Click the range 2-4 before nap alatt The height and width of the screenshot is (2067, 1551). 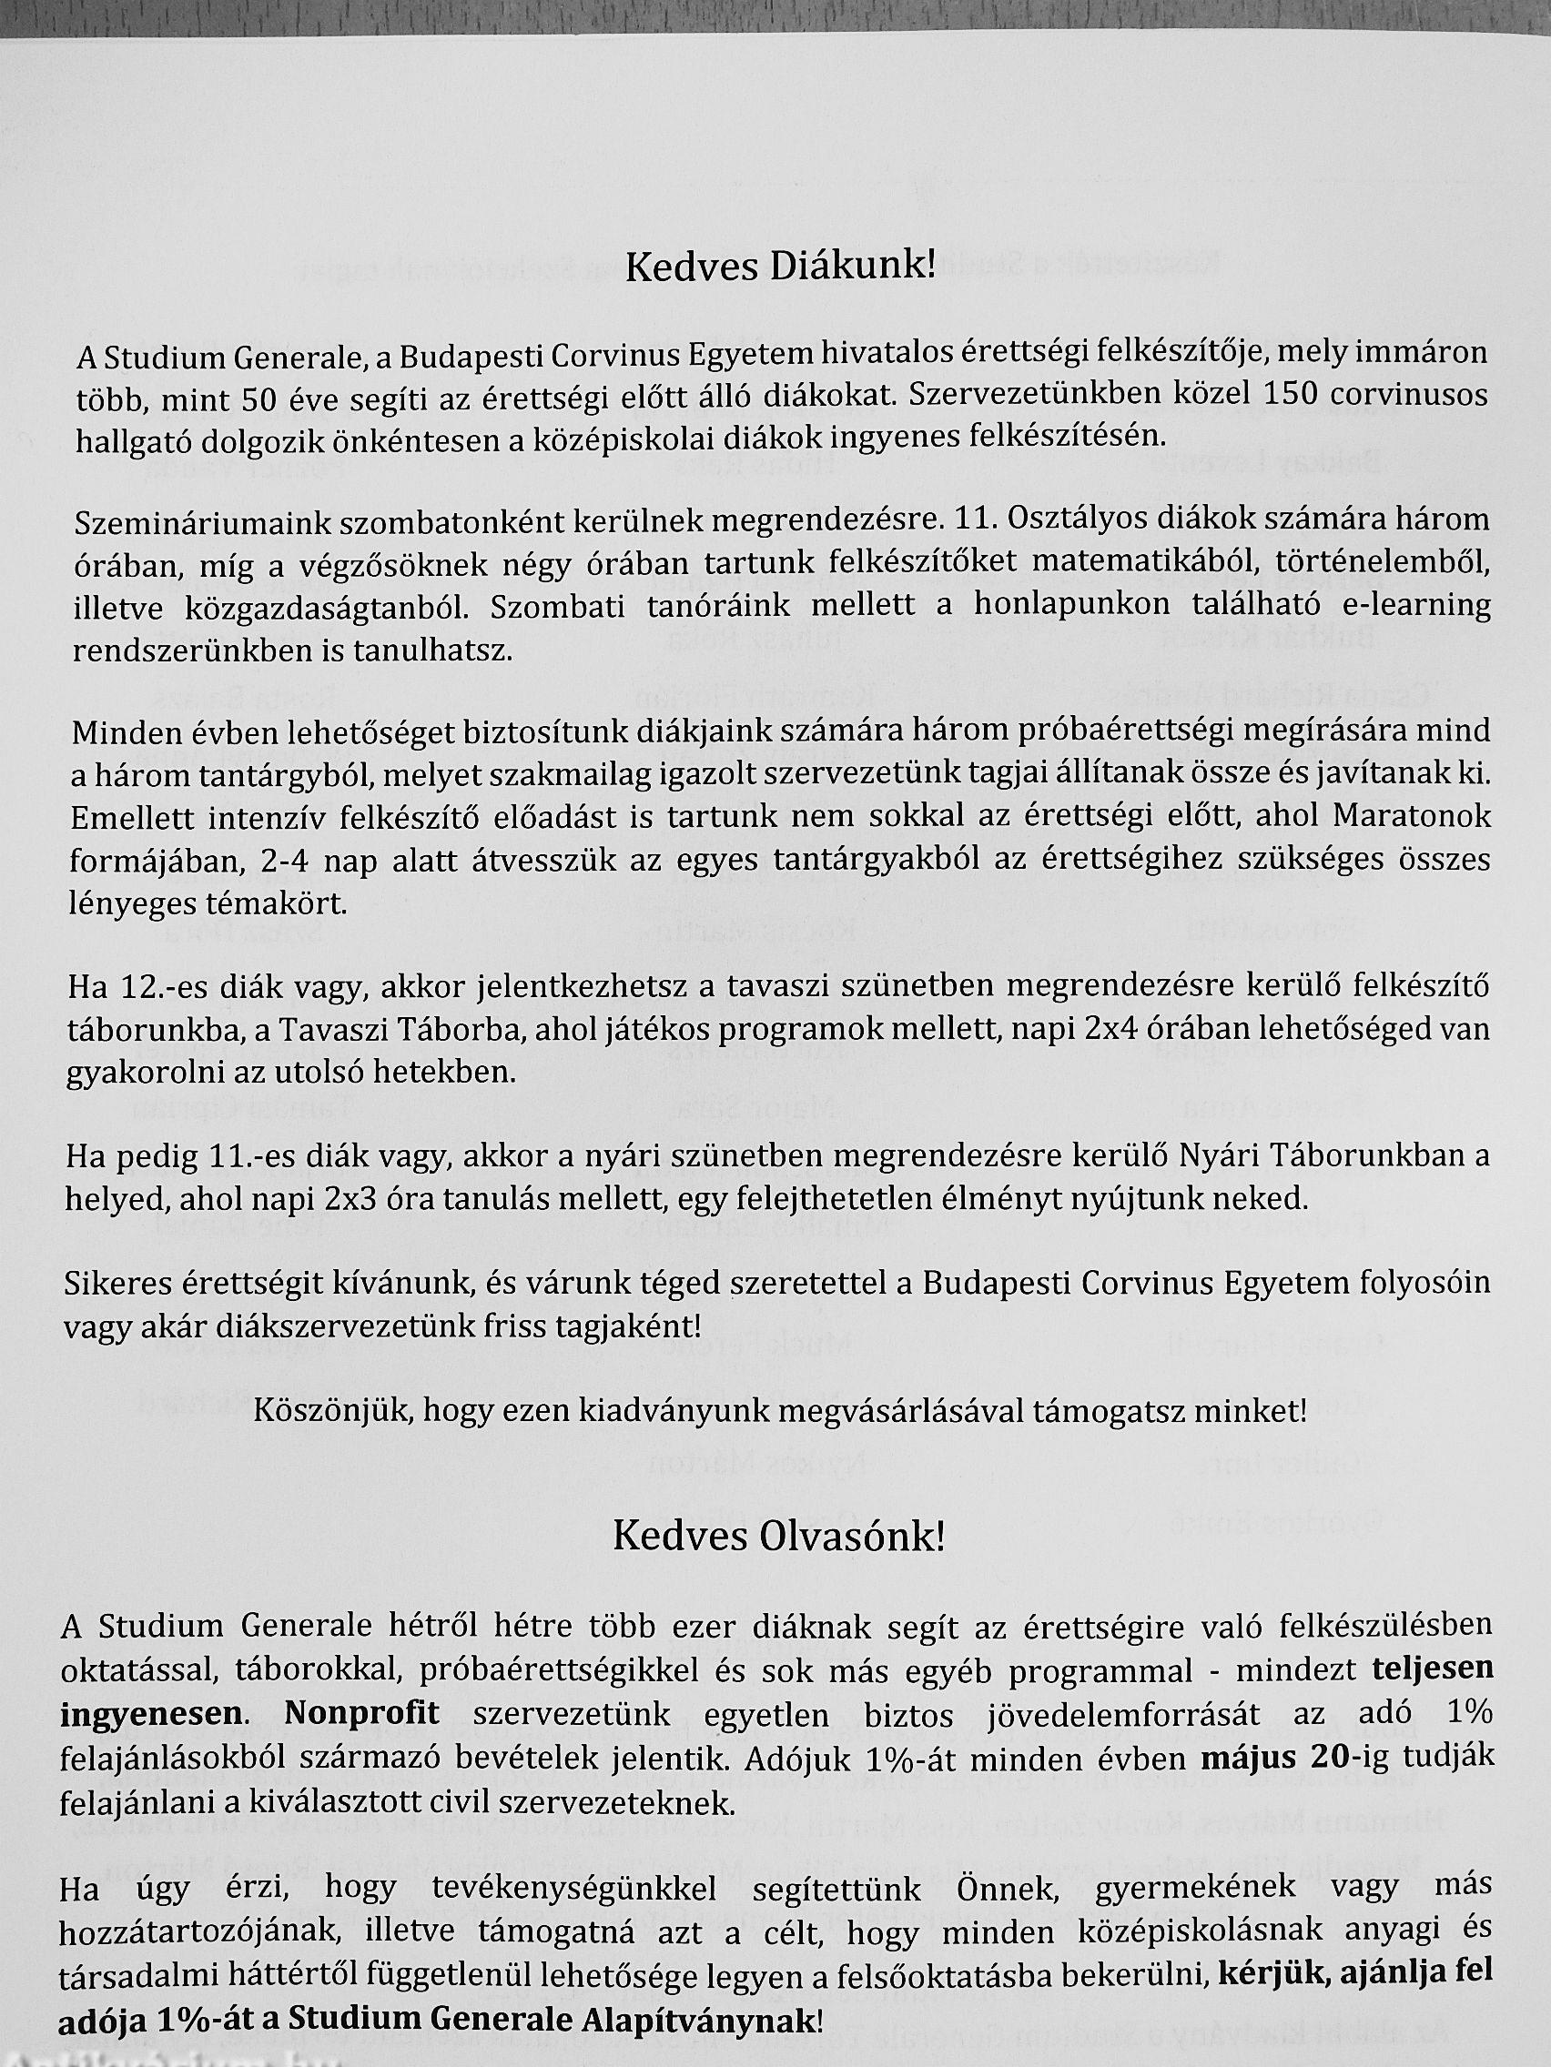289,861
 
